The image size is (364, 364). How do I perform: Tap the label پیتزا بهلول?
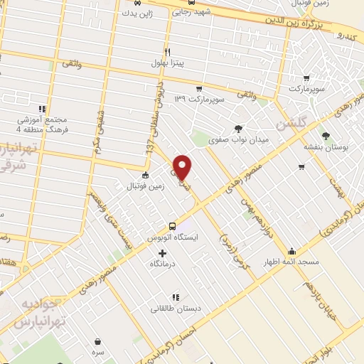[168, 64]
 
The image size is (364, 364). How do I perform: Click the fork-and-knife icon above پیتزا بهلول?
[168, 51]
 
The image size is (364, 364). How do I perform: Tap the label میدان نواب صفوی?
[238, 140]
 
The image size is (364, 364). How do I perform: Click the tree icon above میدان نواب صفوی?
[238, 129]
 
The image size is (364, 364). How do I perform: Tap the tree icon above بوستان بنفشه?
[326, 135]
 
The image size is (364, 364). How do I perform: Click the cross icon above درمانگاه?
[162, 252]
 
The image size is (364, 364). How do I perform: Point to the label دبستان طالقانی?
[174, 309]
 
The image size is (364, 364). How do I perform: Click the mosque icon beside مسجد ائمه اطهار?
[292, 251]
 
